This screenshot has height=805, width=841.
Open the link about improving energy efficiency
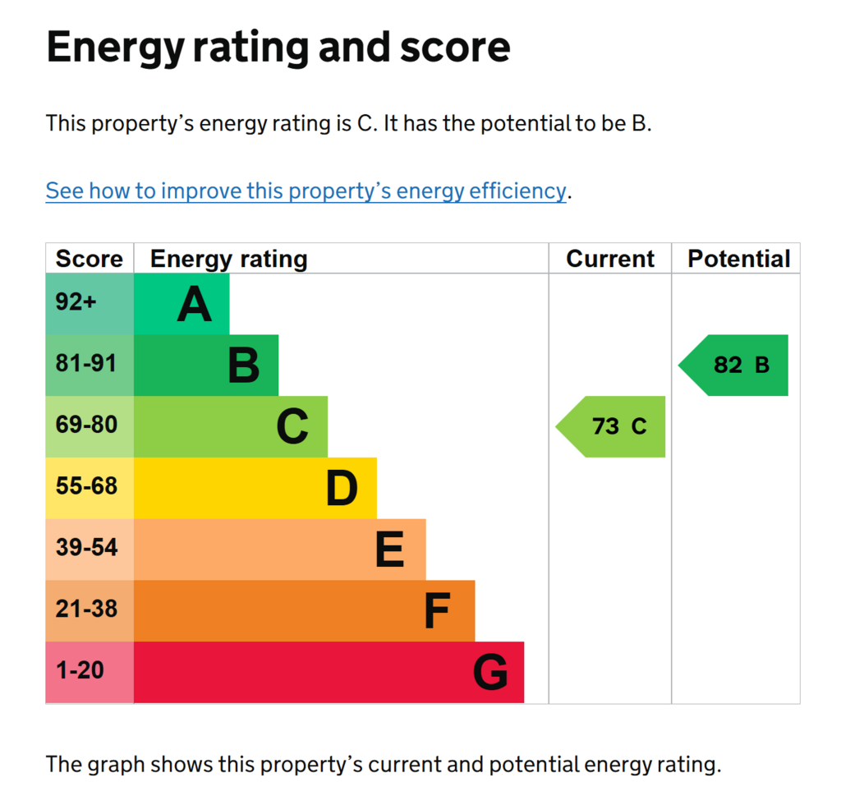306,191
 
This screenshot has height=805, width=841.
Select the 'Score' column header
89,259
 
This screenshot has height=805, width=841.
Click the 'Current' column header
610,259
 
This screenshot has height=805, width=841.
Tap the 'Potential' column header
738,259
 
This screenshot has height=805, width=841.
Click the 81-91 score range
85,363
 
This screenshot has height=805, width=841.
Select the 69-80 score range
85,425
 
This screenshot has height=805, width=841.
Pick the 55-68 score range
85,486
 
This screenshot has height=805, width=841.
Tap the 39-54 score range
85,548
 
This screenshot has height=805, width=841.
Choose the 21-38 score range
85,609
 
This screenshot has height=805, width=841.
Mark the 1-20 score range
80,670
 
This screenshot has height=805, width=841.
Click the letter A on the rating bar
194,304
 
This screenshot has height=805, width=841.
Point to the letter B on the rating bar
243,366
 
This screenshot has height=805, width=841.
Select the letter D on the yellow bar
342,488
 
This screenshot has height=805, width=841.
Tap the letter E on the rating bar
390,550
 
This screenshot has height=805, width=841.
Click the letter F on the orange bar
437,611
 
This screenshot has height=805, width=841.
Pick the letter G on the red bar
490,672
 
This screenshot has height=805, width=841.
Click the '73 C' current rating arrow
610,427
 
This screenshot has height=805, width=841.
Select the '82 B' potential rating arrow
733,366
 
